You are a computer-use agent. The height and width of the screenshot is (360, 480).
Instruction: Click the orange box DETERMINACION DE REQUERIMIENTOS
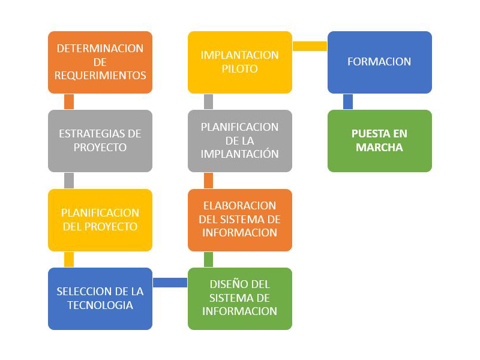pyautogui.click(x=100, y=62)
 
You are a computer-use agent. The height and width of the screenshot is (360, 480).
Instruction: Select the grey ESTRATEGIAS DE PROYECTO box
pyautogui.click(x=100, y=141)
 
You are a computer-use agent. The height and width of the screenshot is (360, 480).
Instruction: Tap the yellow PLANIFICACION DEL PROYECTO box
pyautogui.click(x=100, y=220)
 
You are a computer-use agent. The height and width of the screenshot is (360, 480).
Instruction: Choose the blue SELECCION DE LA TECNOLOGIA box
pyautogui.click(x=100, y=299)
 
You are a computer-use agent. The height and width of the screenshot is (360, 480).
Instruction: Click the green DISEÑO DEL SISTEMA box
pyautogui.click(x=240, y=299)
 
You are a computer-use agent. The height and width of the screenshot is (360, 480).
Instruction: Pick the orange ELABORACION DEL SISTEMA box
pyautogui.click(x=240, y=220)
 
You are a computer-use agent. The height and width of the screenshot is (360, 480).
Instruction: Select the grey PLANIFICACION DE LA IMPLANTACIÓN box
pyautogui.click(x=240, y=141)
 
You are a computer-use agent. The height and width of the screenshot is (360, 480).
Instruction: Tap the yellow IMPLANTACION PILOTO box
pyautogui.click(x=240, y=62)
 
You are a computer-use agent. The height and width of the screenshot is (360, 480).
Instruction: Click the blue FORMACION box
pyautogui.click(x=380, y=62)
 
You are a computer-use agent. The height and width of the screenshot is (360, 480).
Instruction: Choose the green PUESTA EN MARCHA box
pyautogui.click(x=380, y=141)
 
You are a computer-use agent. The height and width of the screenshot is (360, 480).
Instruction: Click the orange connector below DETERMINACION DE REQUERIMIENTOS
pyautogui.click(x=69, y=101)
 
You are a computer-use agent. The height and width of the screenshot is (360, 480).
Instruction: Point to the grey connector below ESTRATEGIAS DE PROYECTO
pyautogui.click(x=69, y=181)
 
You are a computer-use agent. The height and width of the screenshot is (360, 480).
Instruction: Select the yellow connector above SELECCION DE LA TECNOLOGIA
pyautogui.click(x=69, y=260)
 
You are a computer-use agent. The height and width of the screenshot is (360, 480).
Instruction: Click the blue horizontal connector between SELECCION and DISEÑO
pyautogui.click(x=170, y=283)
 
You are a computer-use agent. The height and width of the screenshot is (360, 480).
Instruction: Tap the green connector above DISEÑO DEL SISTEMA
pyautogui.click(x=208, y=260)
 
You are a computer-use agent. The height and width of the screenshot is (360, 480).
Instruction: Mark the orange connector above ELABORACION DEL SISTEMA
pyautogui.click(x=208, y=181)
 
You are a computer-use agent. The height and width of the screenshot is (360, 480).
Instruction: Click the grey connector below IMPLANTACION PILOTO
pyautogui.click(x=208, y=101)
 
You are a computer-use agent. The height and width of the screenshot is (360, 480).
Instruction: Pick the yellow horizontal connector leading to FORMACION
pyautogui.click(x=310, y=46)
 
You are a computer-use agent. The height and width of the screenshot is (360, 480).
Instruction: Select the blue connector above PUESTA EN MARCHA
pyautogui.click(x=348, y=101)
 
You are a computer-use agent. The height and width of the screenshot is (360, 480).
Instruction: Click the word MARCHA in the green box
pyautogui.click(x=379, y=148)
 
